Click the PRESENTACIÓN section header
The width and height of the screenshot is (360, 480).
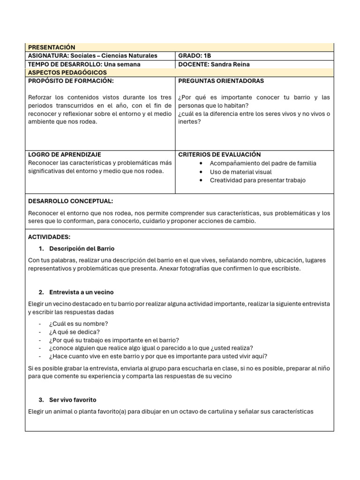[x=52, y=47]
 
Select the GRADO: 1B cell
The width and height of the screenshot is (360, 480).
[x=195, y=56]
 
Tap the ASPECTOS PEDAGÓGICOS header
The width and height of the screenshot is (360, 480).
[x=67, y=73]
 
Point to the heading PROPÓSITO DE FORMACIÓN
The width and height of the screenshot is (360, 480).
[x=71, y=81]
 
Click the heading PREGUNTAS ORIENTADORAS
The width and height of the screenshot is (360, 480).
[x=221, y=81]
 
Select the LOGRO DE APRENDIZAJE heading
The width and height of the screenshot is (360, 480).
[x=65, y=155]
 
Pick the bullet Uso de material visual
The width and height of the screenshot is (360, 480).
[x=240, y=172]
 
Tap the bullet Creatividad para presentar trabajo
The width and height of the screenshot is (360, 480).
[x=257, y=180]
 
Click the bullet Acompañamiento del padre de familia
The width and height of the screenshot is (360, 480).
[x=262, y=164]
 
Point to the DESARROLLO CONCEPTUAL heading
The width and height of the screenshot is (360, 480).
[x=70, y=201]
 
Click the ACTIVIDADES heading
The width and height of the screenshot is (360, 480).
[x=49, y=237]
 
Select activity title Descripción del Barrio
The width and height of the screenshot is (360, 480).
[x=82, y=249]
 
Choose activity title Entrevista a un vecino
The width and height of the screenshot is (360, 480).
[x=81, y=292]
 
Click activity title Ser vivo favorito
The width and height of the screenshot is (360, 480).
[x=73, y=400]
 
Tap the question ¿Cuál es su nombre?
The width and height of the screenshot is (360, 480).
[x=78, y=324]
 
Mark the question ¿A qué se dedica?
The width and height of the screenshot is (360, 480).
[x=74, y=332]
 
